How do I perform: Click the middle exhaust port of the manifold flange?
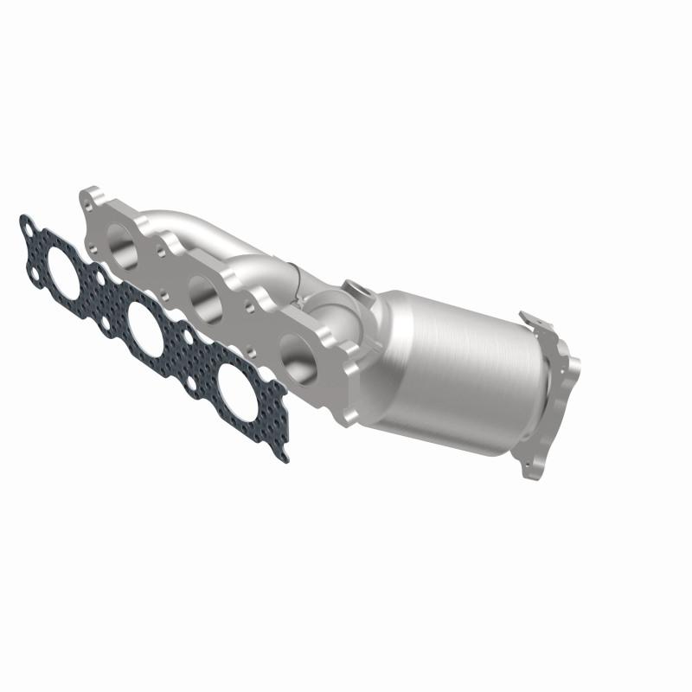pos(205,300)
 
